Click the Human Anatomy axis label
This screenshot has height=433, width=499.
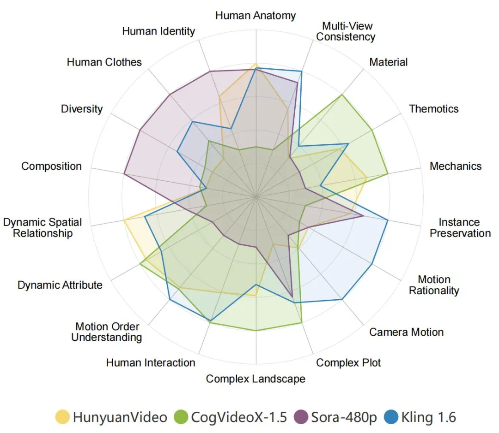point(256,16)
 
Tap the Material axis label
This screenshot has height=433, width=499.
point(388,62)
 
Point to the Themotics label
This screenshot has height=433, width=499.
point(434,109)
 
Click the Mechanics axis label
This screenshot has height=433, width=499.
point(455,166)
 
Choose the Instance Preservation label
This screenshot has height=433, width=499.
point(460,228)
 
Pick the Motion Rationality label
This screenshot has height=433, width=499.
point(434,285)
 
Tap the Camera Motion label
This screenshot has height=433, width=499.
point(406,332)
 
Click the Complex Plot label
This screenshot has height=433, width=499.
point(348,363)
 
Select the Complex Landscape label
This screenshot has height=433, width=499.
point(256,379)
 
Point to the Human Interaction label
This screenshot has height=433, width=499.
point(151,363)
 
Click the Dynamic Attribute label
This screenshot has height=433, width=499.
point(60,285)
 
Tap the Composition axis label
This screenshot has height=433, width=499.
point(52,166)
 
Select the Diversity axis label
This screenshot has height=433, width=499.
point(82,109)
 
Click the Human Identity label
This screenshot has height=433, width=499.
point(158,31)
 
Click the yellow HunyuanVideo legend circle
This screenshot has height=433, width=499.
point(63,417)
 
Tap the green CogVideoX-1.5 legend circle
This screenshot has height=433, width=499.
point(180,417)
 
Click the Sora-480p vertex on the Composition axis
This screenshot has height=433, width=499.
point(124,173)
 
